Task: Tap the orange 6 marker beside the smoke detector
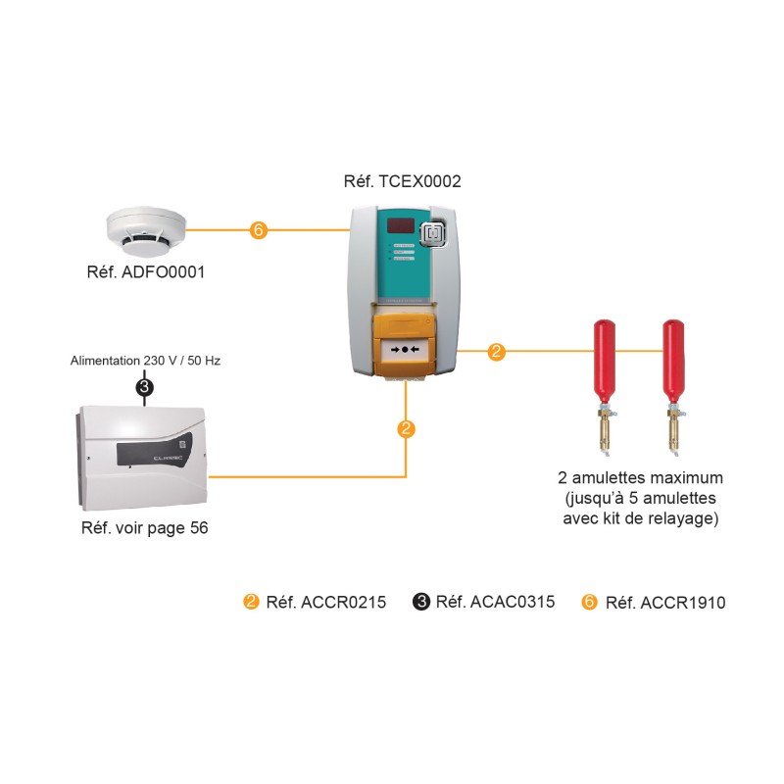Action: [258, 230]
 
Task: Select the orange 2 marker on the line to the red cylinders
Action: [496, 351]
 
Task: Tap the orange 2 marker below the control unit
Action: [406, 428]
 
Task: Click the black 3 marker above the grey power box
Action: [145, 388]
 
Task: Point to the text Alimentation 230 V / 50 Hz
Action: [145, 361]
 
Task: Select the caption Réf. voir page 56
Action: [144, 528]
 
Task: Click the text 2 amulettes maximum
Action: [640, 478]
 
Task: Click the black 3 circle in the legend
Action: [421, 602]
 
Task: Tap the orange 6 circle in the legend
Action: [590, 602]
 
